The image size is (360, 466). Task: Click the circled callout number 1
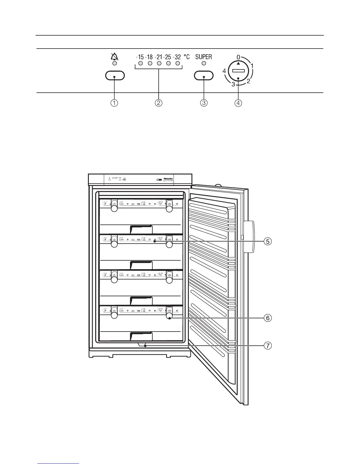tap(114, 103)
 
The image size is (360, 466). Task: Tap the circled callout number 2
tap(159, 103)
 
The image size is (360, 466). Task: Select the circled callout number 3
tap(204, 103)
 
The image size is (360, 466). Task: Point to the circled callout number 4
tap(239, 103)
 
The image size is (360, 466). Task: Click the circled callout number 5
tap(267, 242)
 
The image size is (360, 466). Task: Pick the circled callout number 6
tap(267, 318)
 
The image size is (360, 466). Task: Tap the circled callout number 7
tap(267, 346)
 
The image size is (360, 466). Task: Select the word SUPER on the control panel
tap(204, 56)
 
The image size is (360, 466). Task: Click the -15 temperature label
tap(140, 57)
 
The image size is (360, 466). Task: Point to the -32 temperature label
tap(177, 57)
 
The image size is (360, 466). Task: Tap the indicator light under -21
tap(159, 63)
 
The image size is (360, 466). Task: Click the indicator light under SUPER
tap(204, 63)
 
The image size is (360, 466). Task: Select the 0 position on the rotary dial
tap(238, 57)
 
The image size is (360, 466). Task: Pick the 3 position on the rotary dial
tap(233, 85)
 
